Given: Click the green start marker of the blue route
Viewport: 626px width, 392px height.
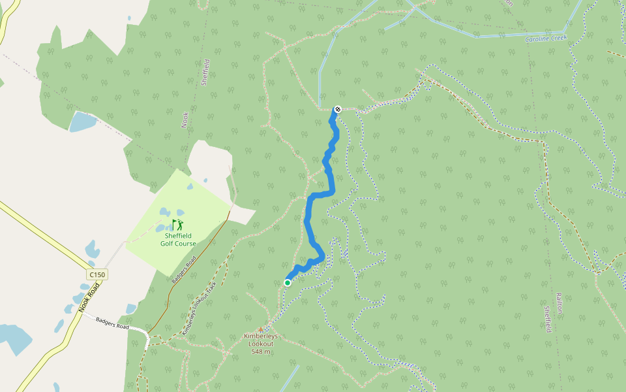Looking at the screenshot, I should pos(288,282).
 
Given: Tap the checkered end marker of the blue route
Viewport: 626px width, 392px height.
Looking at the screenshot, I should pos(338,109).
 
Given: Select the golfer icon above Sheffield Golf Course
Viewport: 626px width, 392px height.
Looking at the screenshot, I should pos(177,225).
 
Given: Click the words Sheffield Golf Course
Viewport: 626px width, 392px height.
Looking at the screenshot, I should pos(178,240).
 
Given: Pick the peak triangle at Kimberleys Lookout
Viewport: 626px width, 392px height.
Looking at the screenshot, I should pos(261,329).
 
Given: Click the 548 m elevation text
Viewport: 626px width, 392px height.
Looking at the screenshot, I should pos(261,351).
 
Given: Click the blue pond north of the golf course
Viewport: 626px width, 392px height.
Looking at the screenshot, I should pos(83,122).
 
